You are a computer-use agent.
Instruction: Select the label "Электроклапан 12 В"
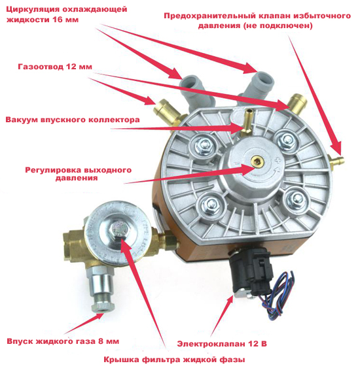pos(223,342)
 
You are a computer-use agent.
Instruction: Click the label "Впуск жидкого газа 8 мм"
pos(63,342)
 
